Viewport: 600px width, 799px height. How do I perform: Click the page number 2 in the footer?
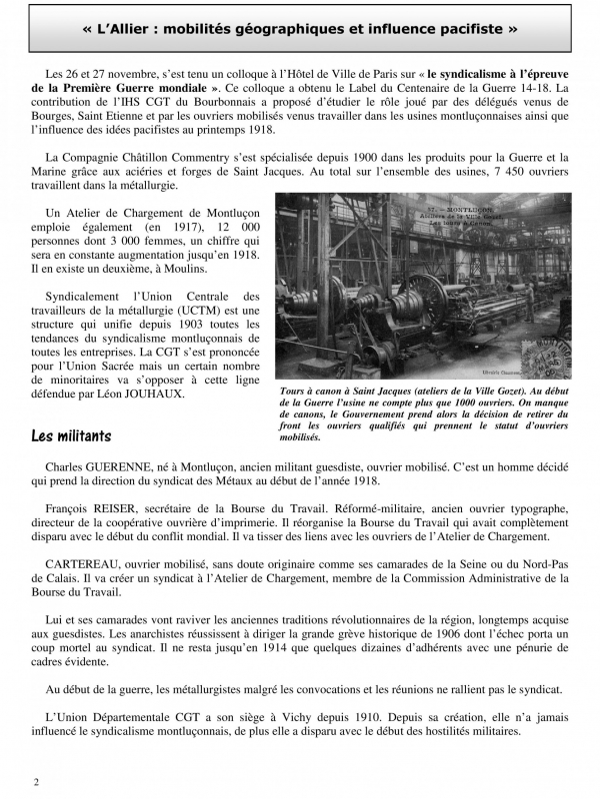pyautogui.click(x=36, y=781)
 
